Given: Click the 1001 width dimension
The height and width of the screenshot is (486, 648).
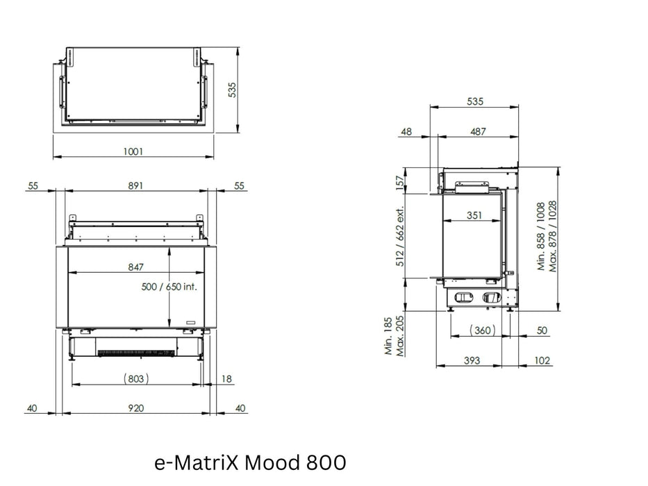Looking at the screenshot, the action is point(133,151).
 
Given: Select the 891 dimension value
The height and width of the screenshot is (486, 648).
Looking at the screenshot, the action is point(135,185).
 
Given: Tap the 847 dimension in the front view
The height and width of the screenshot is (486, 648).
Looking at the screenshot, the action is point(135,267).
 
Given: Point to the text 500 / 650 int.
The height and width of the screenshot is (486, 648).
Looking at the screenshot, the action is point(169,286).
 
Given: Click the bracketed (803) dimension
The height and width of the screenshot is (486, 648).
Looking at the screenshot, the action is point(136,378).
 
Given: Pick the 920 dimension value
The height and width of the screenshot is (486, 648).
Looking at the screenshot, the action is point(135,408).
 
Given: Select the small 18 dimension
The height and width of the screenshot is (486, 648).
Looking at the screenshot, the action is point(226,379).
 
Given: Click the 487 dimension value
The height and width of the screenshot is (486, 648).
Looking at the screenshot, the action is point(478,131).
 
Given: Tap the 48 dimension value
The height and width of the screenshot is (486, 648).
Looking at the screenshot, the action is point(406,131).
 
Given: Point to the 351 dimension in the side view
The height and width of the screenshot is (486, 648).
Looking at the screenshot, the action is point(474,215).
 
